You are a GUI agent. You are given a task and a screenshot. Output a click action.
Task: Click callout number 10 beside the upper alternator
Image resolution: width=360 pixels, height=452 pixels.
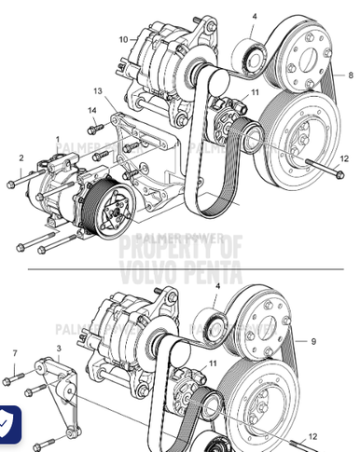123,39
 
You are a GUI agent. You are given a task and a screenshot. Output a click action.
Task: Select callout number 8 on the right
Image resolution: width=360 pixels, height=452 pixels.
350,74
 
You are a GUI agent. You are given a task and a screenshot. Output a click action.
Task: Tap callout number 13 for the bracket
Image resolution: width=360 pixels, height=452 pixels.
98,91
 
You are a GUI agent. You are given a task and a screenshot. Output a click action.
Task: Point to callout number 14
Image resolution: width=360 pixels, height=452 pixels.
92,112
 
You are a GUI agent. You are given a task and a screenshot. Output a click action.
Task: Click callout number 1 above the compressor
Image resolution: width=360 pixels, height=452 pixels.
57,139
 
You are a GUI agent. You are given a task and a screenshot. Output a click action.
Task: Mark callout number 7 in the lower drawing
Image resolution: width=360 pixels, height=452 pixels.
15,352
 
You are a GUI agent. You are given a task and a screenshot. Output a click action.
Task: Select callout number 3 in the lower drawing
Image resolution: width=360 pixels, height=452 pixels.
59,348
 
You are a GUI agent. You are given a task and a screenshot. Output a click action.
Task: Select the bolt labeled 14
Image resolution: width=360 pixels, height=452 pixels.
93,129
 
